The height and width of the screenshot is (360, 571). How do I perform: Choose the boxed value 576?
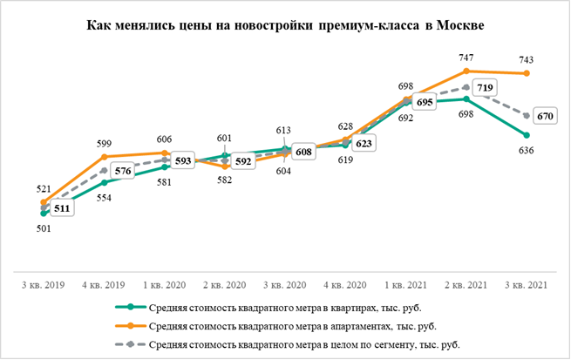pos(123,172)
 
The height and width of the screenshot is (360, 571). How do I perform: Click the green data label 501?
pos(44,228)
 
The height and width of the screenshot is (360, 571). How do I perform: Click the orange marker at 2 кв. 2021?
pos(467,71)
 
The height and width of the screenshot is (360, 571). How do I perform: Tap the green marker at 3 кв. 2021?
pos(527,135)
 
